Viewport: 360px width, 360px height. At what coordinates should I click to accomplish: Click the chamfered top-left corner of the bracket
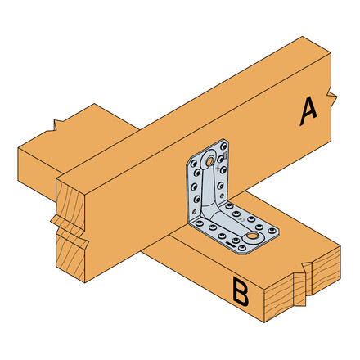coord(196,153)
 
